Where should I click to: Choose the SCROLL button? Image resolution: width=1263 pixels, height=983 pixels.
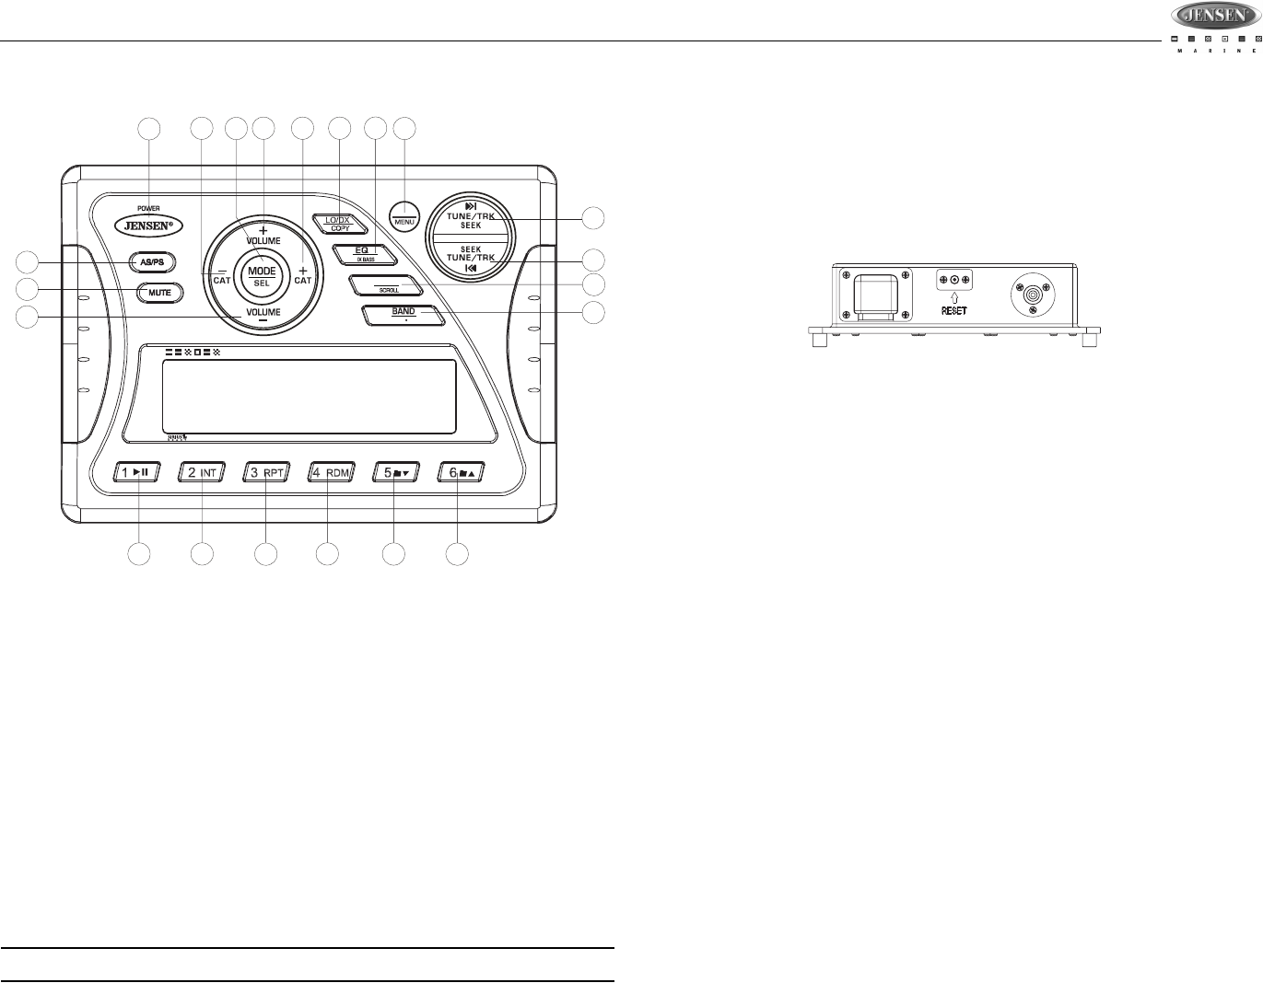[387, 285]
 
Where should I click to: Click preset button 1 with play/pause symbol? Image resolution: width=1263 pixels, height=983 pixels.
[138, 473]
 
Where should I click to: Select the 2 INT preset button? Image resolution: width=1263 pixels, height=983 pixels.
[202, 473]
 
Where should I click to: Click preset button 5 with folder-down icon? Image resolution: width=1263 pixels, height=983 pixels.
[395, 473]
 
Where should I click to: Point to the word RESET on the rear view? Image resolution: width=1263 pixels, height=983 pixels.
[953, 311]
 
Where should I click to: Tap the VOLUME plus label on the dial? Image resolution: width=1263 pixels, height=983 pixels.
[263, 235]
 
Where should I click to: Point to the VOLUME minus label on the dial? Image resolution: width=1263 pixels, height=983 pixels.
[263, 314]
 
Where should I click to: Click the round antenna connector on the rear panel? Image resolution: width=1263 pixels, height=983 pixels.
[1030, 294]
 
